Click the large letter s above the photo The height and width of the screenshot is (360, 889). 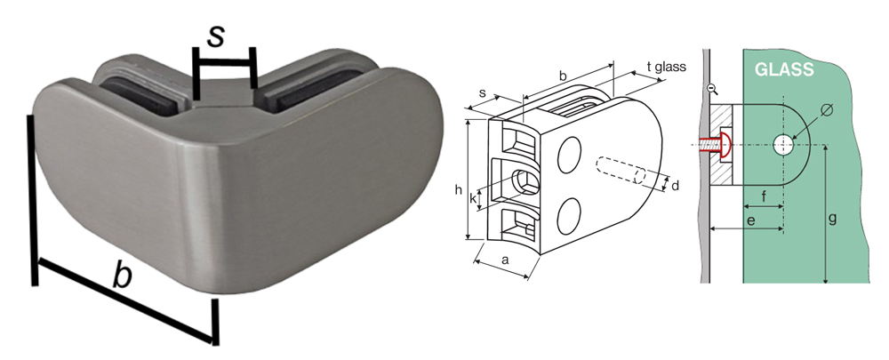216,36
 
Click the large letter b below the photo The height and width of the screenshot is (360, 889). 122,277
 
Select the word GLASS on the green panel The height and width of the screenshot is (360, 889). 784,69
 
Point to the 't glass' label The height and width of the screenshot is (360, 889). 666,67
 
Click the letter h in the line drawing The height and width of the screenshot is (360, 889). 458,190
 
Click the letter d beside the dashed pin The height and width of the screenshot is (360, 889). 675,185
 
